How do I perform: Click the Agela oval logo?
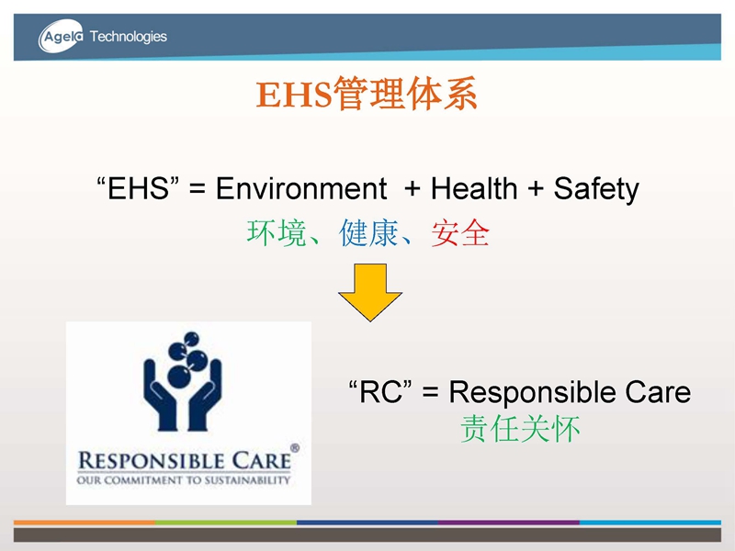(61, 36)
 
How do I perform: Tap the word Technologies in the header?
(129, 37)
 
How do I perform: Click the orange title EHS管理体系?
(367, 94)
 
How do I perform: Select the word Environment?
(301, 188)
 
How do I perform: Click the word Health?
(474, 188)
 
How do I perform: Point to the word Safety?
(596, 190)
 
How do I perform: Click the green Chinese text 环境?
(277, 233)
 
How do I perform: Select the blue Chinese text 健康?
(369, 233)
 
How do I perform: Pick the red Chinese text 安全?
(460, 233)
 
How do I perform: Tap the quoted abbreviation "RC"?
(380, 392)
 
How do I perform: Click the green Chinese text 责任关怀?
(520, 429)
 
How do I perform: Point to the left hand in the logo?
(160, 395)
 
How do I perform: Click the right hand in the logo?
(205, 395)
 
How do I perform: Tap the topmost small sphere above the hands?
(191, 338)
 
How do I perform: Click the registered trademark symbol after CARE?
(295, 448)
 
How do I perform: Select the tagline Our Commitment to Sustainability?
(184, 480)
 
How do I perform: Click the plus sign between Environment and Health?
(412, 189)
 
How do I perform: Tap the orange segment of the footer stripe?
(85, 522)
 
